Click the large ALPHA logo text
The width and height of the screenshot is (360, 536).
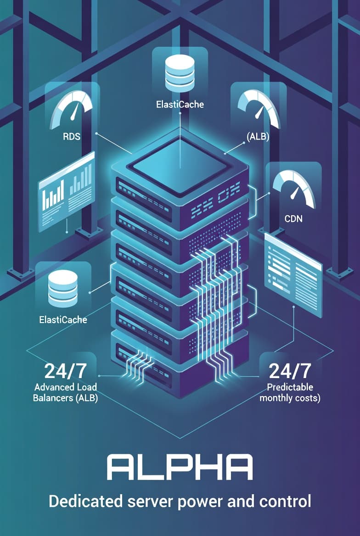(180, 468)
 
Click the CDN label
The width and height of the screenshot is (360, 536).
(293, 218)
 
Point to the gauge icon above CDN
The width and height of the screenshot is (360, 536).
(293, 188)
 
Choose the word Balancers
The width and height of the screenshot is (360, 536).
(54, 398)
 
